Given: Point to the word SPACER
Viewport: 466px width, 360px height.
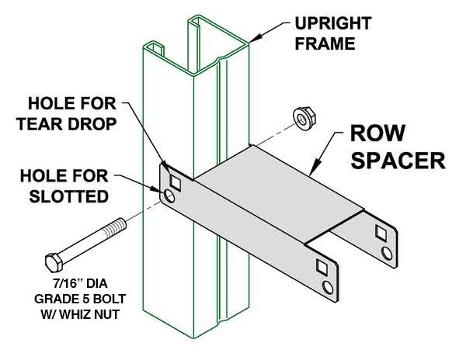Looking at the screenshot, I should coord(394,161).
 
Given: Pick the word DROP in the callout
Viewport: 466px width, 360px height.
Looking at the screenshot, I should coord(97,123).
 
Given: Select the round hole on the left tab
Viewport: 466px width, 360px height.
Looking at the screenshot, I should coord(169,198).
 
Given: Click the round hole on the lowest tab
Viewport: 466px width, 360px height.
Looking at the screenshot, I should coord(329,288).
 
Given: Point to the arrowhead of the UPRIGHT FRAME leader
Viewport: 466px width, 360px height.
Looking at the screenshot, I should coord(252,36).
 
